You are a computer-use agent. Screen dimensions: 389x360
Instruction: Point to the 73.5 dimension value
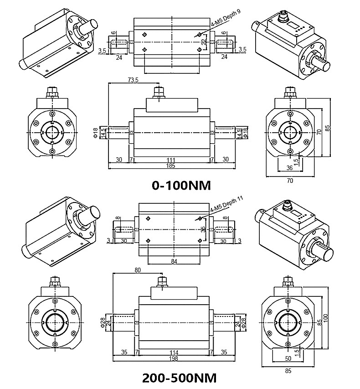tap(133, 80)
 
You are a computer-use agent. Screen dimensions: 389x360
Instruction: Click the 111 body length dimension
tap(171, 160)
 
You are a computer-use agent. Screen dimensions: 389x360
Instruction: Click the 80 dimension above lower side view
tap(138, 270)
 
